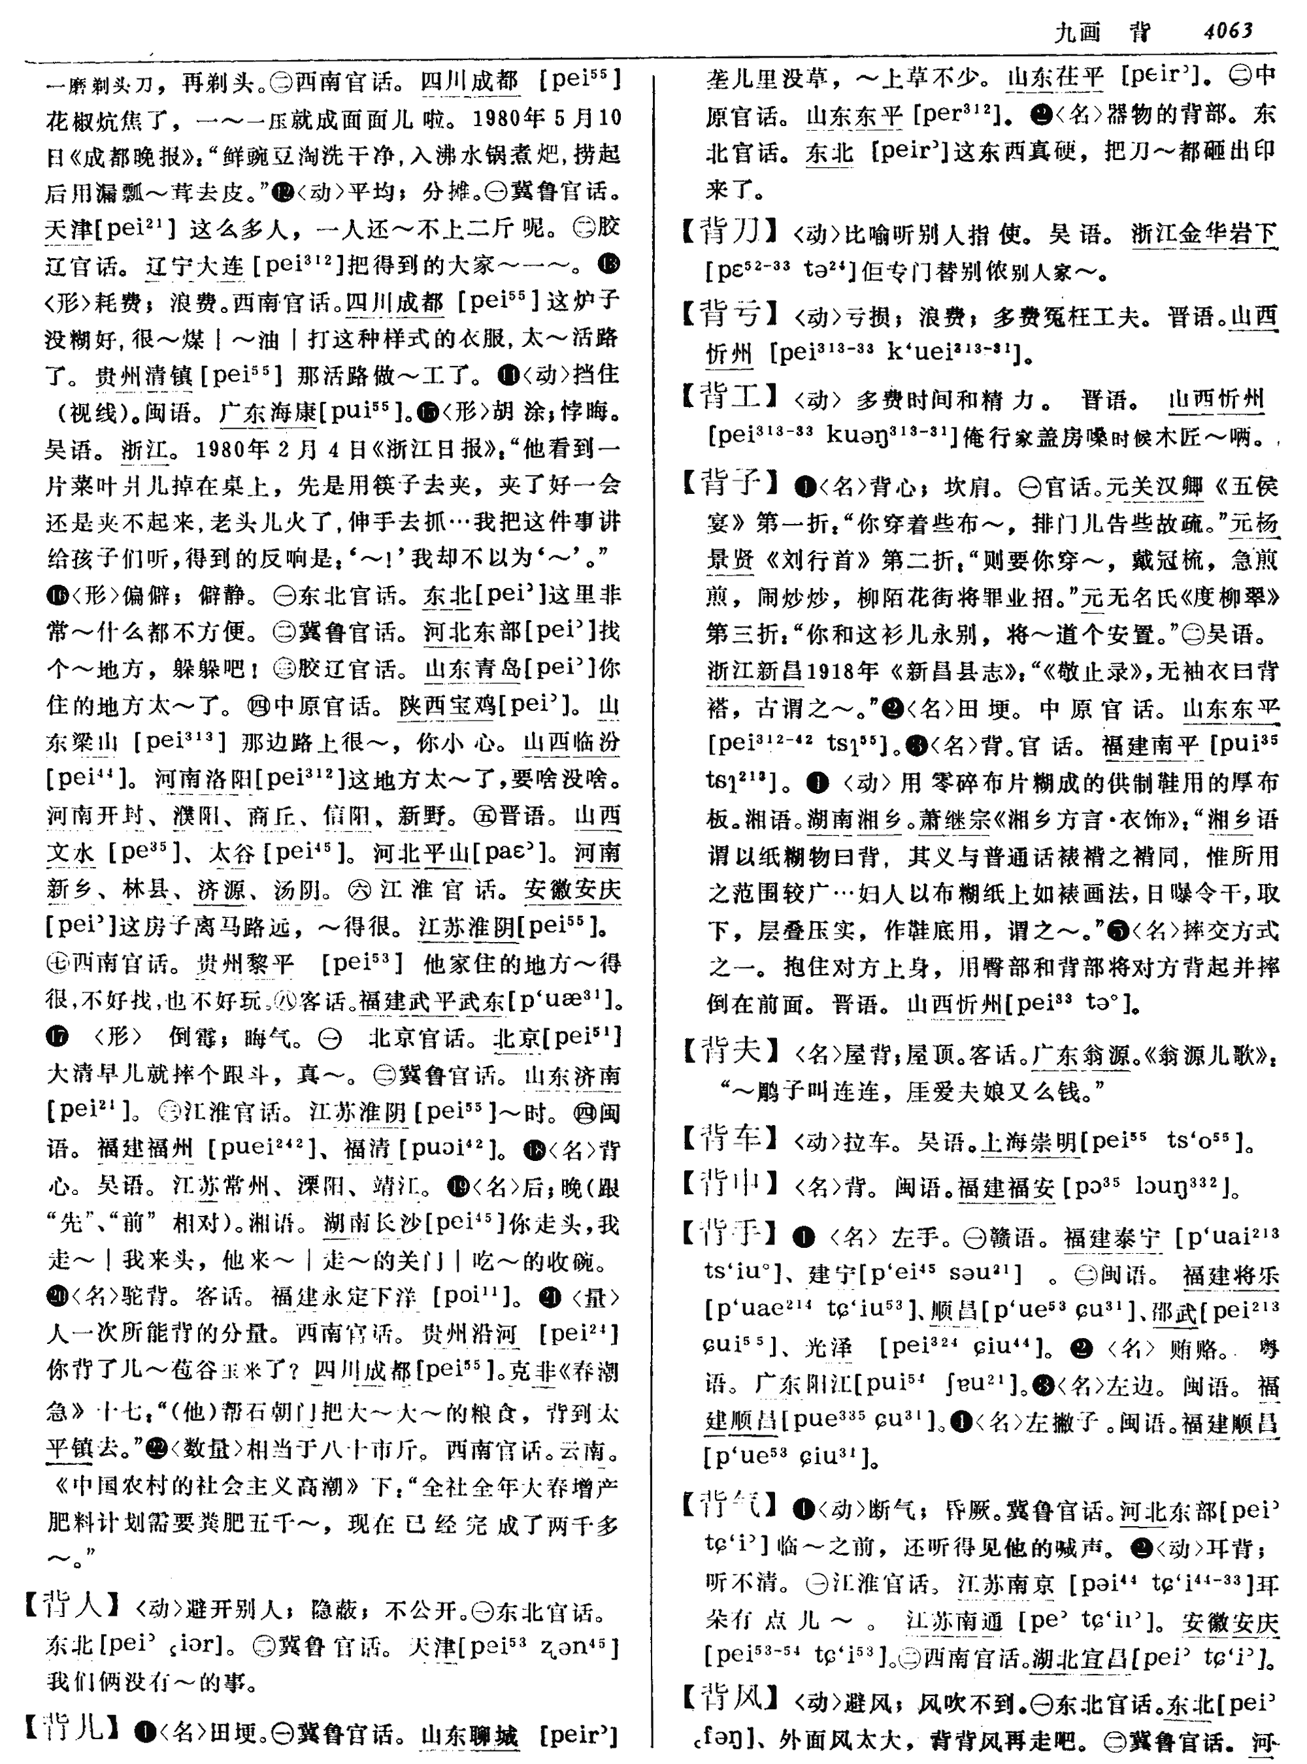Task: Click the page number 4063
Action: click(1227, 31)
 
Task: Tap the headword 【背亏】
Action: click(730, 316)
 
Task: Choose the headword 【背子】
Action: click(730, 483)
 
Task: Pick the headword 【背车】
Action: click(730, 1140)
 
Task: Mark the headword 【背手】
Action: click(730, 1234)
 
